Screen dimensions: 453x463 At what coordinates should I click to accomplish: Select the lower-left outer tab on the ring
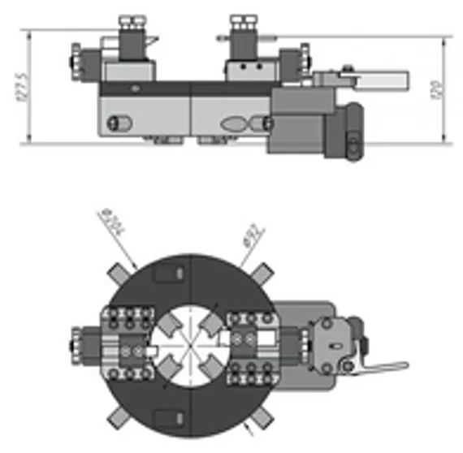coord(119,419)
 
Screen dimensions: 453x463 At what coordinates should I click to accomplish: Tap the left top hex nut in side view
coord(129,21)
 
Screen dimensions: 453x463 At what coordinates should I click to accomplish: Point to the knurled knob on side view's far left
coord(76,56)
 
